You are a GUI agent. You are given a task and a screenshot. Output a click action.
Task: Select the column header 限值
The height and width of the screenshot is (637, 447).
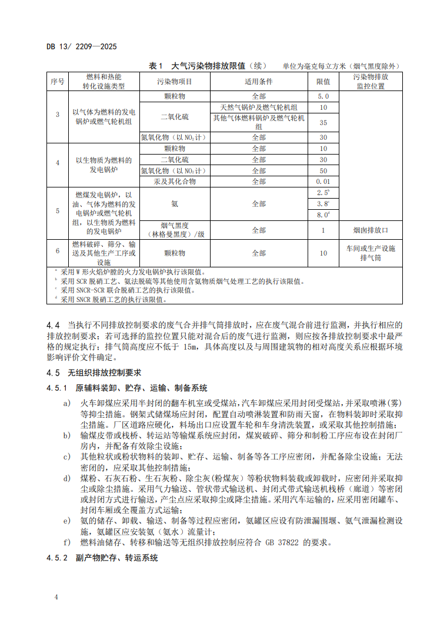coord(323,81)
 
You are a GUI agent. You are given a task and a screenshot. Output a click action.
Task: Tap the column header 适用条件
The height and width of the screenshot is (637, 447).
coord(259,81)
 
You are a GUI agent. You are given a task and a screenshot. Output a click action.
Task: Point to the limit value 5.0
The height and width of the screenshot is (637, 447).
coord(323,96)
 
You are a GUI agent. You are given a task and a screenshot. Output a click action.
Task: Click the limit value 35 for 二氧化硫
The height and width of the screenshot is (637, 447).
coord(323,123)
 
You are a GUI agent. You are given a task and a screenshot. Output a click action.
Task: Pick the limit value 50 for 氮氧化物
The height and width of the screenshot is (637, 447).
coord(323,170)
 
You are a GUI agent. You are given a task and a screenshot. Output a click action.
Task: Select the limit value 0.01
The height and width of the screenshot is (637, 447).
coord(323,182)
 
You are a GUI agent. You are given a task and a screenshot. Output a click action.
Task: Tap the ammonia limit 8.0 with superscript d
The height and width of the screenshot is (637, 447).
coord(323,215)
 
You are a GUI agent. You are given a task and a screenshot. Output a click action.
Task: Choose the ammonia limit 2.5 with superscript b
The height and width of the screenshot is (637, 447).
coord(323,193)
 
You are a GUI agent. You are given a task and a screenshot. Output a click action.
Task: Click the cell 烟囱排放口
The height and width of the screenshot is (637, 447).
coord(371,230)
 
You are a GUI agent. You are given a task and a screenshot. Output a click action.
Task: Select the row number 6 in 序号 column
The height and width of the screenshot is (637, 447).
coord(58,251)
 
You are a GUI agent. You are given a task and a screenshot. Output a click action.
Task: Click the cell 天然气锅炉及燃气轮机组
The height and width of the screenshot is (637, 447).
coord(259,108)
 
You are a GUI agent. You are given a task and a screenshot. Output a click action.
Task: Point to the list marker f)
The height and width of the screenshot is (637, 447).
coord(68,542)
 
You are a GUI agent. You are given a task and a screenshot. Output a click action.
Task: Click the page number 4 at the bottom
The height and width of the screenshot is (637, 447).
coord(56,598)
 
